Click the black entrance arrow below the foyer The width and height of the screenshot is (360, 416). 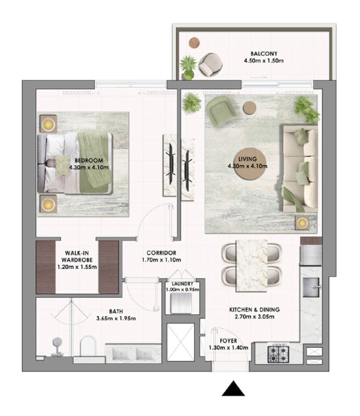(233, 389)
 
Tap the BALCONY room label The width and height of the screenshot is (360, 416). (264, 54)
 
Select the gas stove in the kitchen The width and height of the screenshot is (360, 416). (278, 354)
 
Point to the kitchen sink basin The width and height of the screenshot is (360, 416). (311, 287)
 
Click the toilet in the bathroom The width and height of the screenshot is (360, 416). (88, 346)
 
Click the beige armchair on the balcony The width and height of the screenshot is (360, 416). (210, 64)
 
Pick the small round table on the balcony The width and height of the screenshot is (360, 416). (194, 43)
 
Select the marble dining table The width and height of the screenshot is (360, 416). (252, 266)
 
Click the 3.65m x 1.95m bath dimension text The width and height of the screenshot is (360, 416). (116, 318)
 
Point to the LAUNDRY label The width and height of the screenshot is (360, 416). (183, 284)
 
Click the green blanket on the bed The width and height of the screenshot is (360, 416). (95, 163)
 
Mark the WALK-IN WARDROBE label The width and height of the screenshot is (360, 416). (77, 256)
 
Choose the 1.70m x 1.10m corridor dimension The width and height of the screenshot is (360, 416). (161, 260)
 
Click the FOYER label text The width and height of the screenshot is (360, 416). (228, 340)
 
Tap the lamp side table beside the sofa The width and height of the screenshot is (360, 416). (302, 223)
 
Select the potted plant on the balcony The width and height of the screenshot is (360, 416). (188, 68)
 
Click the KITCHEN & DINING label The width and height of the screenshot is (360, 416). (254, 310)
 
